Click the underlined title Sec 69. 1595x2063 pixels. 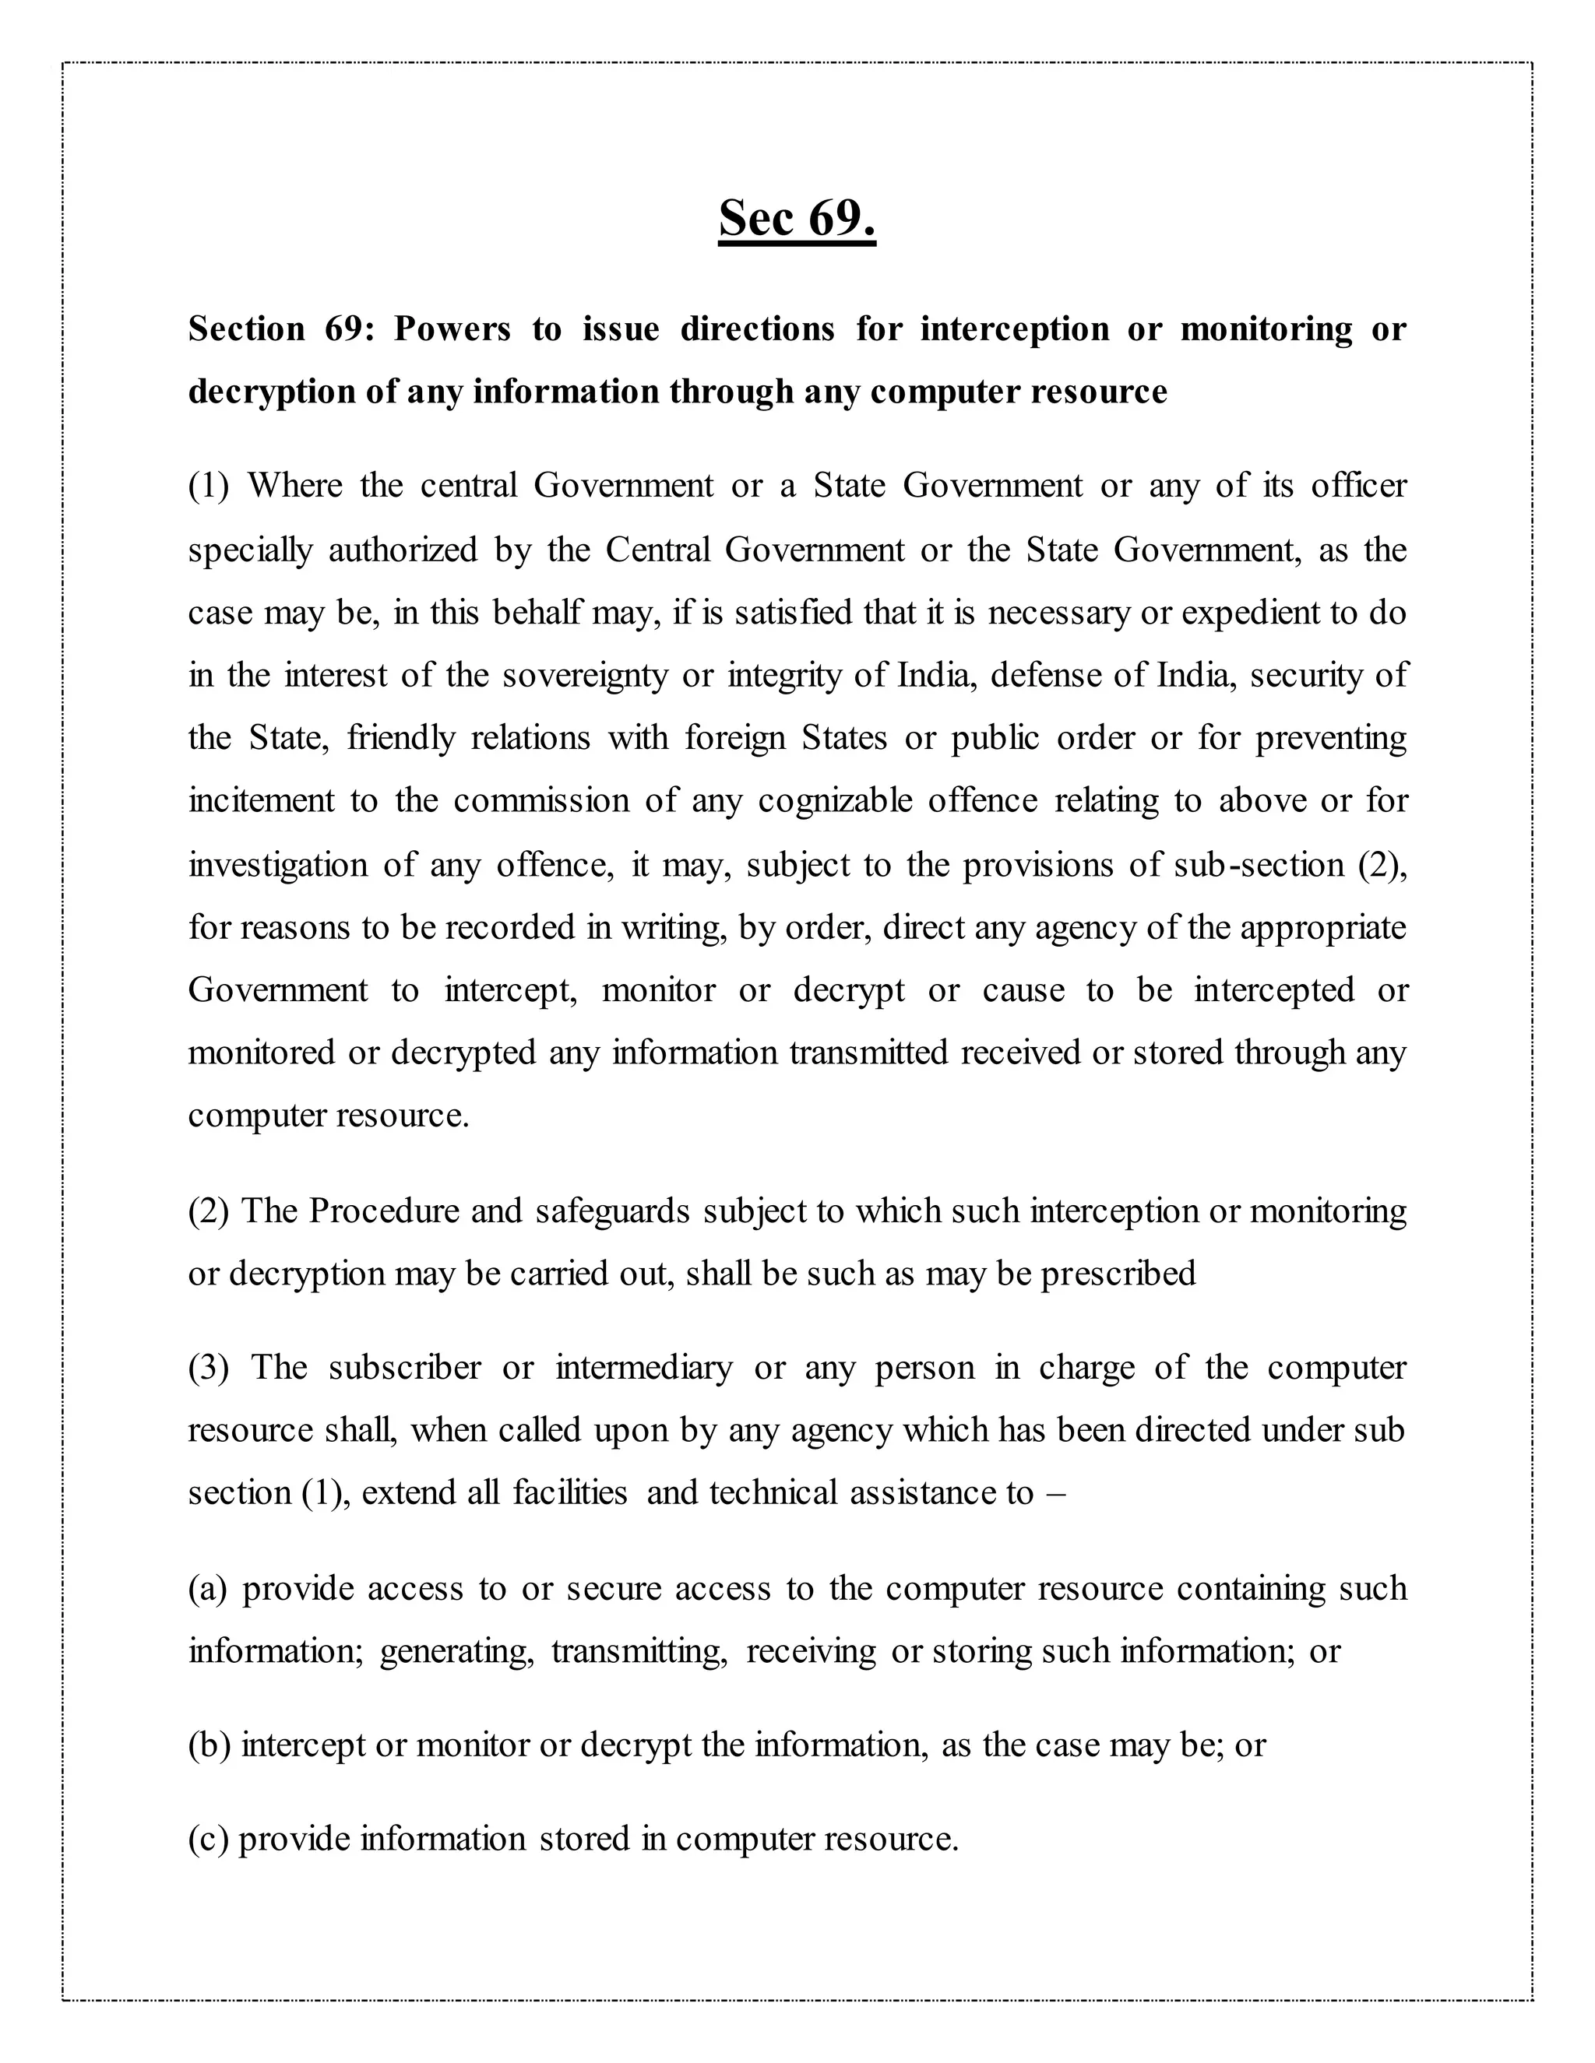[x=797, y=218]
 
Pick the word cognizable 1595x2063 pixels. [x=834, y=801]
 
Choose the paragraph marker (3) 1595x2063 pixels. [x=208, y=1368]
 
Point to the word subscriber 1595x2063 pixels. [x=404, y=1368]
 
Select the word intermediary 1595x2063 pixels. [x=643, y=1368]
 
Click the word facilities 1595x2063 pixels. [x=570, y=1493]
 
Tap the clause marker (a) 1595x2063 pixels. [x=208, y=1589]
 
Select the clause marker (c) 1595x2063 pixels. [x=207, y=1839]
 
